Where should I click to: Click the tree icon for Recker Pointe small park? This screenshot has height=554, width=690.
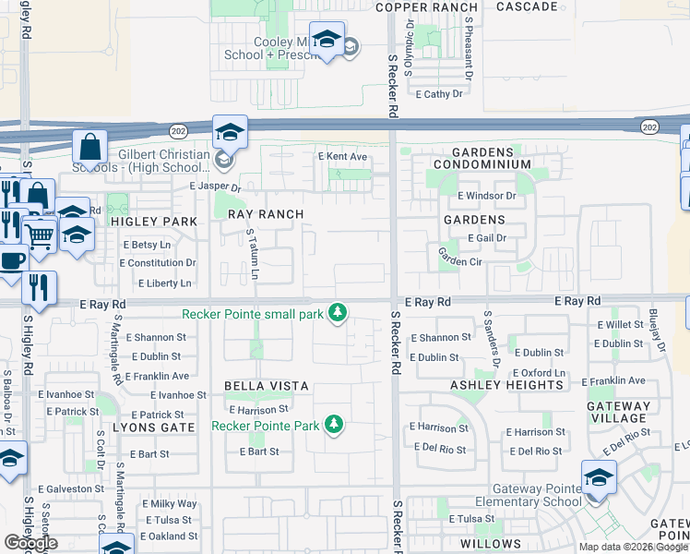pyautogui.click(x=339, y=314)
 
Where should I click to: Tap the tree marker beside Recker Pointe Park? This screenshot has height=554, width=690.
pyautogui.click(x=334, y=425)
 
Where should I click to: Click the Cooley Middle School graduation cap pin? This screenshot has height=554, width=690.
pyautogui.click(x=327, y=41)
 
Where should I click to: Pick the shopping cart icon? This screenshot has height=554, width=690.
pyautogui.click(x=39, y=235)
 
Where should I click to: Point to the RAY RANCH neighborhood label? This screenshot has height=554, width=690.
pyautogui.click(x=266, y=214)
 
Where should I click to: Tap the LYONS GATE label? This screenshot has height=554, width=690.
pyautogui.click(x=153, y=428)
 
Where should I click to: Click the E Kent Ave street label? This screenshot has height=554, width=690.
pyautogui.click(x=342, y=157)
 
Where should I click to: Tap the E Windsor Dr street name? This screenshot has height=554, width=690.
pyautogui.click(x=485, y=196)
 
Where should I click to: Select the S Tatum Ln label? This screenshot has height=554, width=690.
pyautogui.click(x=253, y=256)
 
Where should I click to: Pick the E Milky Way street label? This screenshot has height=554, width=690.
pyautogui.click(x=169, y=504)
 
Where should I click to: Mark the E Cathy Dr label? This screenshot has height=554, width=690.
pyautogui.click(x=438, y=94)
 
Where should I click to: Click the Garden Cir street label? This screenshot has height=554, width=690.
pyautogui.click(x=460, y=257)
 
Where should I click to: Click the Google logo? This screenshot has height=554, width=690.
pyautogui.click(x=30, y=543)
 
